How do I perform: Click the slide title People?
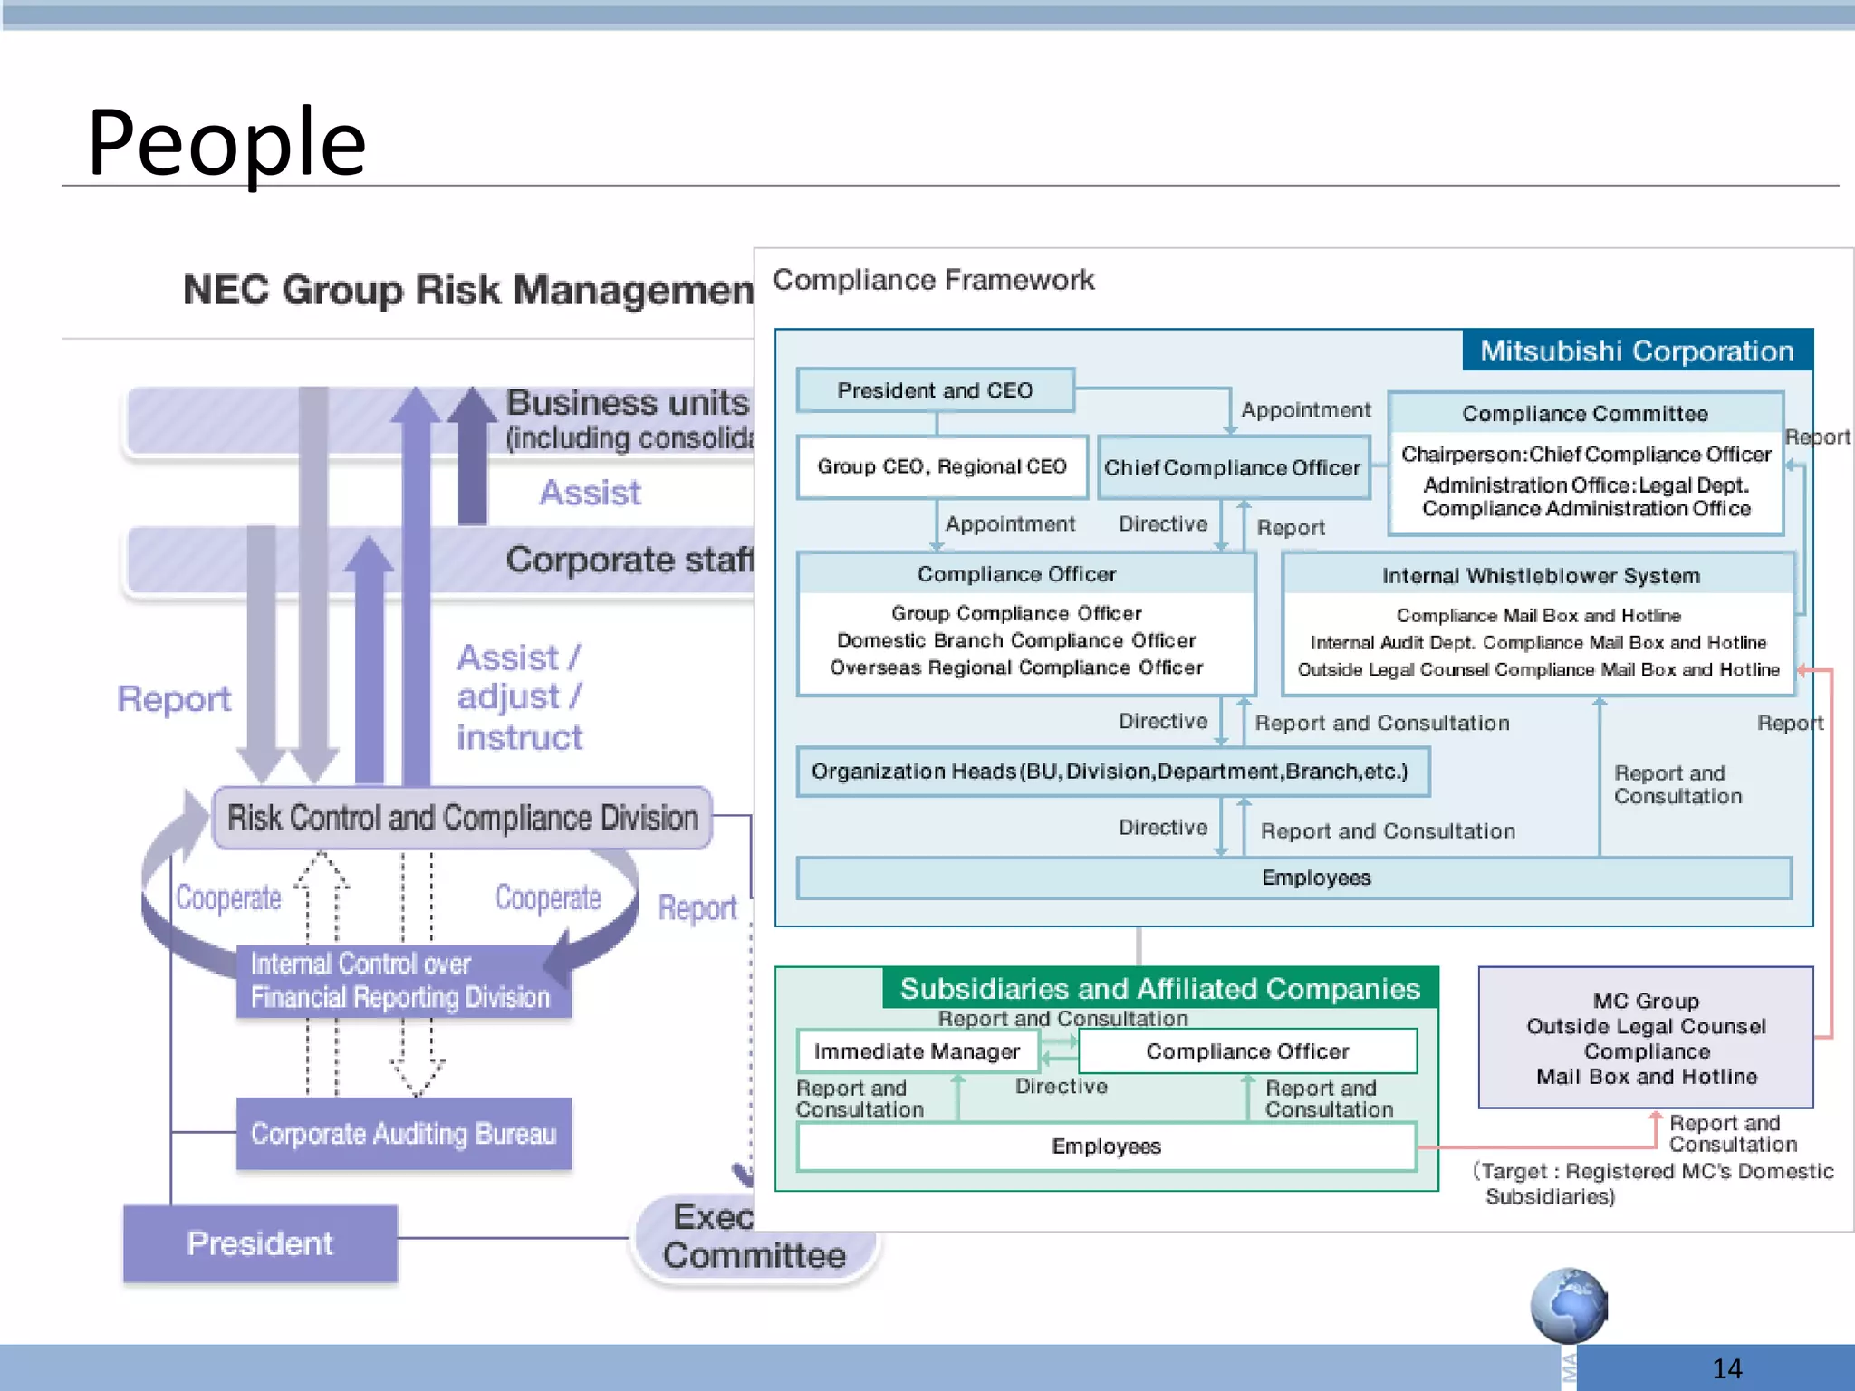pyautogui.click(x=226, y=142)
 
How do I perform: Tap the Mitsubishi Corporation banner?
pyautogui.click(x=1637, y=350)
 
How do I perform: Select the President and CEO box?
pyautogui.click(x=935, y=390)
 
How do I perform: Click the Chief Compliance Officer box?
pyautogui.click(x=1232, y=467)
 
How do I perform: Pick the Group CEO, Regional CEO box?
pyautogui.click(x=941, y=466)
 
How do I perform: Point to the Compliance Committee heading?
pyautogui.click(x=1584, y=414)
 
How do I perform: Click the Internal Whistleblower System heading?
pyautogui.click(x=1540, y=576)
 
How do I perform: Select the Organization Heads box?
pyautogui.click(x=1111, y=772)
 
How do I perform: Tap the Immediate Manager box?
pyautogui.click(x=917, y=1050)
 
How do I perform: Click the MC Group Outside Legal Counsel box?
pyautogui.click(x=1646, y=1038)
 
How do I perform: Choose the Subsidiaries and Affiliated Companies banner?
pyautogui.click(x=1159, y=988)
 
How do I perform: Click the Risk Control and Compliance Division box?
pyautogui.click(x=462, y=818)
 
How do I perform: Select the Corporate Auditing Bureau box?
pyautogui.click(x=403, y=1134)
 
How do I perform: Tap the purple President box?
pyautogui.click(x=260, y=1243)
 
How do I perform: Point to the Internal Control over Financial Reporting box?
pyautogui.click(x=400, y=981)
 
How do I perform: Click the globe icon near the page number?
pyautogui.click(x=1568, y=1305)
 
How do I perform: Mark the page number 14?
pyautogui.click(x=1726, y=1368)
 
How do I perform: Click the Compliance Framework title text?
pyautogui.click(x=933, y=280)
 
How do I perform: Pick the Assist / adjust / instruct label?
pyautogui.click(x=519, y=697)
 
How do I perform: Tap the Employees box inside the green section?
pyautogui.click(x=1106, y=1146)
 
